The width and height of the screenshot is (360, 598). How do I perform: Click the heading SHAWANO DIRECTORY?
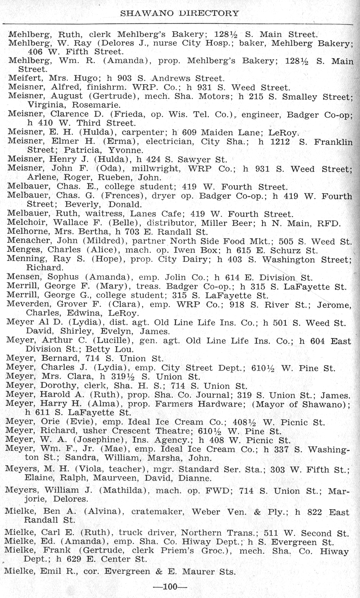(179, 13)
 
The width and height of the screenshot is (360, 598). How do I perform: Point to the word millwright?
(155, 169)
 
